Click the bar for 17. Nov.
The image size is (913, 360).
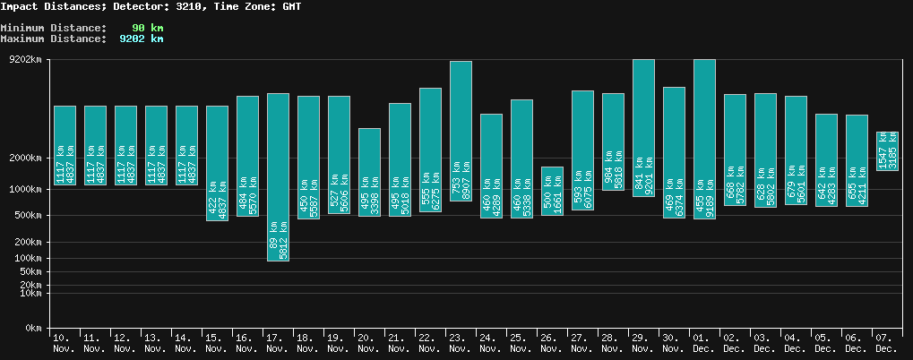pos(278,176)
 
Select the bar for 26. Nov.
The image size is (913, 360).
pos(552,191)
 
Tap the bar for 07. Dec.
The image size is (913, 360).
pos(887,151)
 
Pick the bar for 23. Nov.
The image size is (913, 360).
pos(461,131)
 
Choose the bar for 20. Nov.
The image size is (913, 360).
pos(369,172)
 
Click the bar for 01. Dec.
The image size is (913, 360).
pos(704,139)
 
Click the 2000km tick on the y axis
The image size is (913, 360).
pos(24,158)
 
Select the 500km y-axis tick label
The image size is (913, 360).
pos(27,216)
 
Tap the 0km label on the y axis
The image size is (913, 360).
pos(33,329)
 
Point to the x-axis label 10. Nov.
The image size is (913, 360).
pos(65,343)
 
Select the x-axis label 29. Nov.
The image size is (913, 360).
pos(643,343)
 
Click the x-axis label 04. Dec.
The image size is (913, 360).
pos(796,343)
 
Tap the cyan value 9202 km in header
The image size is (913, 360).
pos(142,39)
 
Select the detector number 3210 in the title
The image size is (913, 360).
pos(190,6)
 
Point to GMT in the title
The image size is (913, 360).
pos(292,6)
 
